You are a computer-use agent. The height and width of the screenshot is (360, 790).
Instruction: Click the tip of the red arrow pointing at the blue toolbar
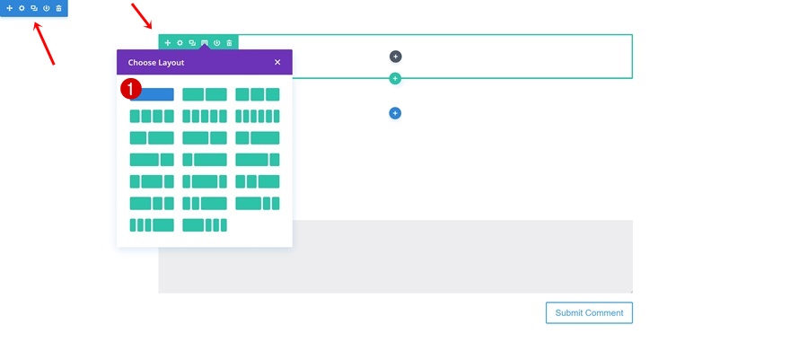tap(34, 22)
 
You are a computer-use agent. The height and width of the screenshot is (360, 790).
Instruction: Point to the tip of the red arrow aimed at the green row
tap(152, 29)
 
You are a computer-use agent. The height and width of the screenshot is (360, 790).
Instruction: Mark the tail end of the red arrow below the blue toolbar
tap(54, 65)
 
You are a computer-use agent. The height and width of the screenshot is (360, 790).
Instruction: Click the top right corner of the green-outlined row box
tap(632, 35)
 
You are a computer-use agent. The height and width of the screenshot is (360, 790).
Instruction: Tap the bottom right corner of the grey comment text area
tap(632, 293)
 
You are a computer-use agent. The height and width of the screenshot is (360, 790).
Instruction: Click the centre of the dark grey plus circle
tap(396, 57)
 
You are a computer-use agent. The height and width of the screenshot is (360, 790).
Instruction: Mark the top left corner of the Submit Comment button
tap(546, 303)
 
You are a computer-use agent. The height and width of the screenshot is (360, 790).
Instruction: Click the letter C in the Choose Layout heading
tap(131, 63)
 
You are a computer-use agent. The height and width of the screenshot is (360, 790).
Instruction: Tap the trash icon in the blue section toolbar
tap(59, 9)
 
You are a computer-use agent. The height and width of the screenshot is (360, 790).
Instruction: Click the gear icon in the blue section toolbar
tap(22, 9)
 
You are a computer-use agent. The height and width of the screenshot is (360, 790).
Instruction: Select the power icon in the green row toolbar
tap(216, 43)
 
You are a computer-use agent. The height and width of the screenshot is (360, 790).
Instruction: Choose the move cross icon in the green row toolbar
tap(168, 43)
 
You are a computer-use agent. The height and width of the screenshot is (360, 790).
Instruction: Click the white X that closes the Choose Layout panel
tap(277, 63)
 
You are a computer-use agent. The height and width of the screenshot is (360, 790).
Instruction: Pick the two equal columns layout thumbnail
tap(205, 94)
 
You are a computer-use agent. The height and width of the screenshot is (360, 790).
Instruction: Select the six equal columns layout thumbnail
tap(258, 117)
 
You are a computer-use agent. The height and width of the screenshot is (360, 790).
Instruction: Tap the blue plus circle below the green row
tap(395, 113)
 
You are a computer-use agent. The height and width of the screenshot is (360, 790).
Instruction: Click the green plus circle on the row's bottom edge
tap(396, 78)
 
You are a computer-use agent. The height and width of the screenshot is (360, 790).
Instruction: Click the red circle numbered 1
tap(131, 90)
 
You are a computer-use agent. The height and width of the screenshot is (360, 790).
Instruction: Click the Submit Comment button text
tap(590, 312)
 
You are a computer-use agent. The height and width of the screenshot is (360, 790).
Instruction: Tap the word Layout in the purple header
tap(171, 63)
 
